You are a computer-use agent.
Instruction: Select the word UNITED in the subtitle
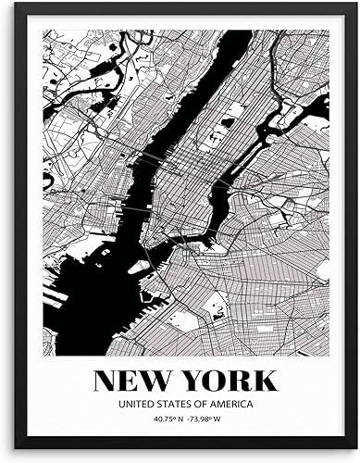pyautogui.click(x=136, y=404)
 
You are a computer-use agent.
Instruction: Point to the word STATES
pyautogui.click(x=179, y=404)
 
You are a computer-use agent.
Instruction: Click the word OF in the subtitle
pyautogui.click(x=208, y=404)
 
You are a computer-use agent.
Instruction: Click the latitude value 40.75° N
pyautogui.click(x=159, y=421)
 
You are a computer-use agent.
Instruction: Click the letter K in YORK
pyautogui.click(x=265, y=379)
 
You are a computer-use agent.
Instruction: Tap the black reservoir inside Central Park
pyautogui.click(x=228, y=122)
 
